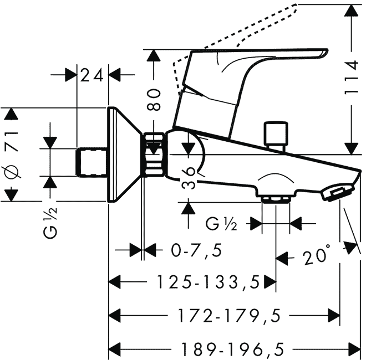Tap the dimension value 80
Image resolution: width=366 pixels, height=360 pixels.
click(x=155, y=99)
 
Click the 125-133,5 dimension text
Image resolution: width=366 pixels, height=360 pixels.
click(x=207, y=284)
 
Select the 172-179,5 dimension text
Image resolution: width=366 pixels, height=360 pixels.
click(x=228, y=316)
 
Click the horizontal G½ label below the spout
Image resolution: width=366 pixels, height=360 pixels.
click(x=221, y=224)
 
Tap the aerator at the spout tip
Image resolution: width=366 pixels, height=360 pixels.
click(x=335, y=193)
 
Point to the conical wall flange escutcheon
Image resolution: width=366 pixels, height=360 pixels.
click(x=123, y=155)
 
